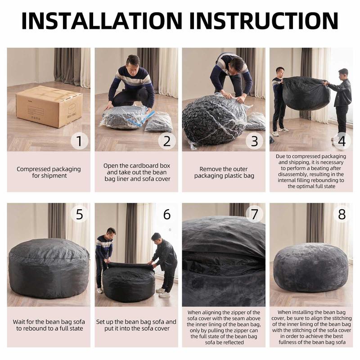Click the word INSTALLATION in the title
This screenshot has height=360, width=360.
tap(102, 21)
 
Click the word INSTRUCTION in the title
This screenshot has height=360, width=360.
tap(264, 21)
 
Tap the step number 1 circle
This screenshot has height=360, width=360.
tap(79, 141)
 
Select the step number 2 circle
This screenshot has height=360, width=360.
tap(167, 141)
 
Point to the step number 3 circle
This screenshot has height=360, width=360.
tap(254, 141)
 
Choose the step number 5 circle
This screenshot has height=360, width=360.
tap(79, 214)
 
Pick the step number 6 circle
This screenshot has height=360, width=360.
tap(167, 214)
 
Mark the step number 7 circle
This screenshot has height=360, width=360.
tap(254, 214)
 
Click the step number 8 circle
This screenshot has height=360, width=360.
tap(342, 214)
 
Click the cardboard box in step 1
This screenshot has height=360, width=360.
tap(49, 106)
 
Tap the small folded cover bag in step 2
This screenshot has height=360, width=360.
tap(159, 122)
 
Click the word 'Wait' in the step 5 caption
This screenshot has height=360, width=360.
tap(18, 322)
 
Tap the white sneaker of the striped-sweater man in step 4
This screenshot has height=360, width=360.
tap(284, 130)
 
